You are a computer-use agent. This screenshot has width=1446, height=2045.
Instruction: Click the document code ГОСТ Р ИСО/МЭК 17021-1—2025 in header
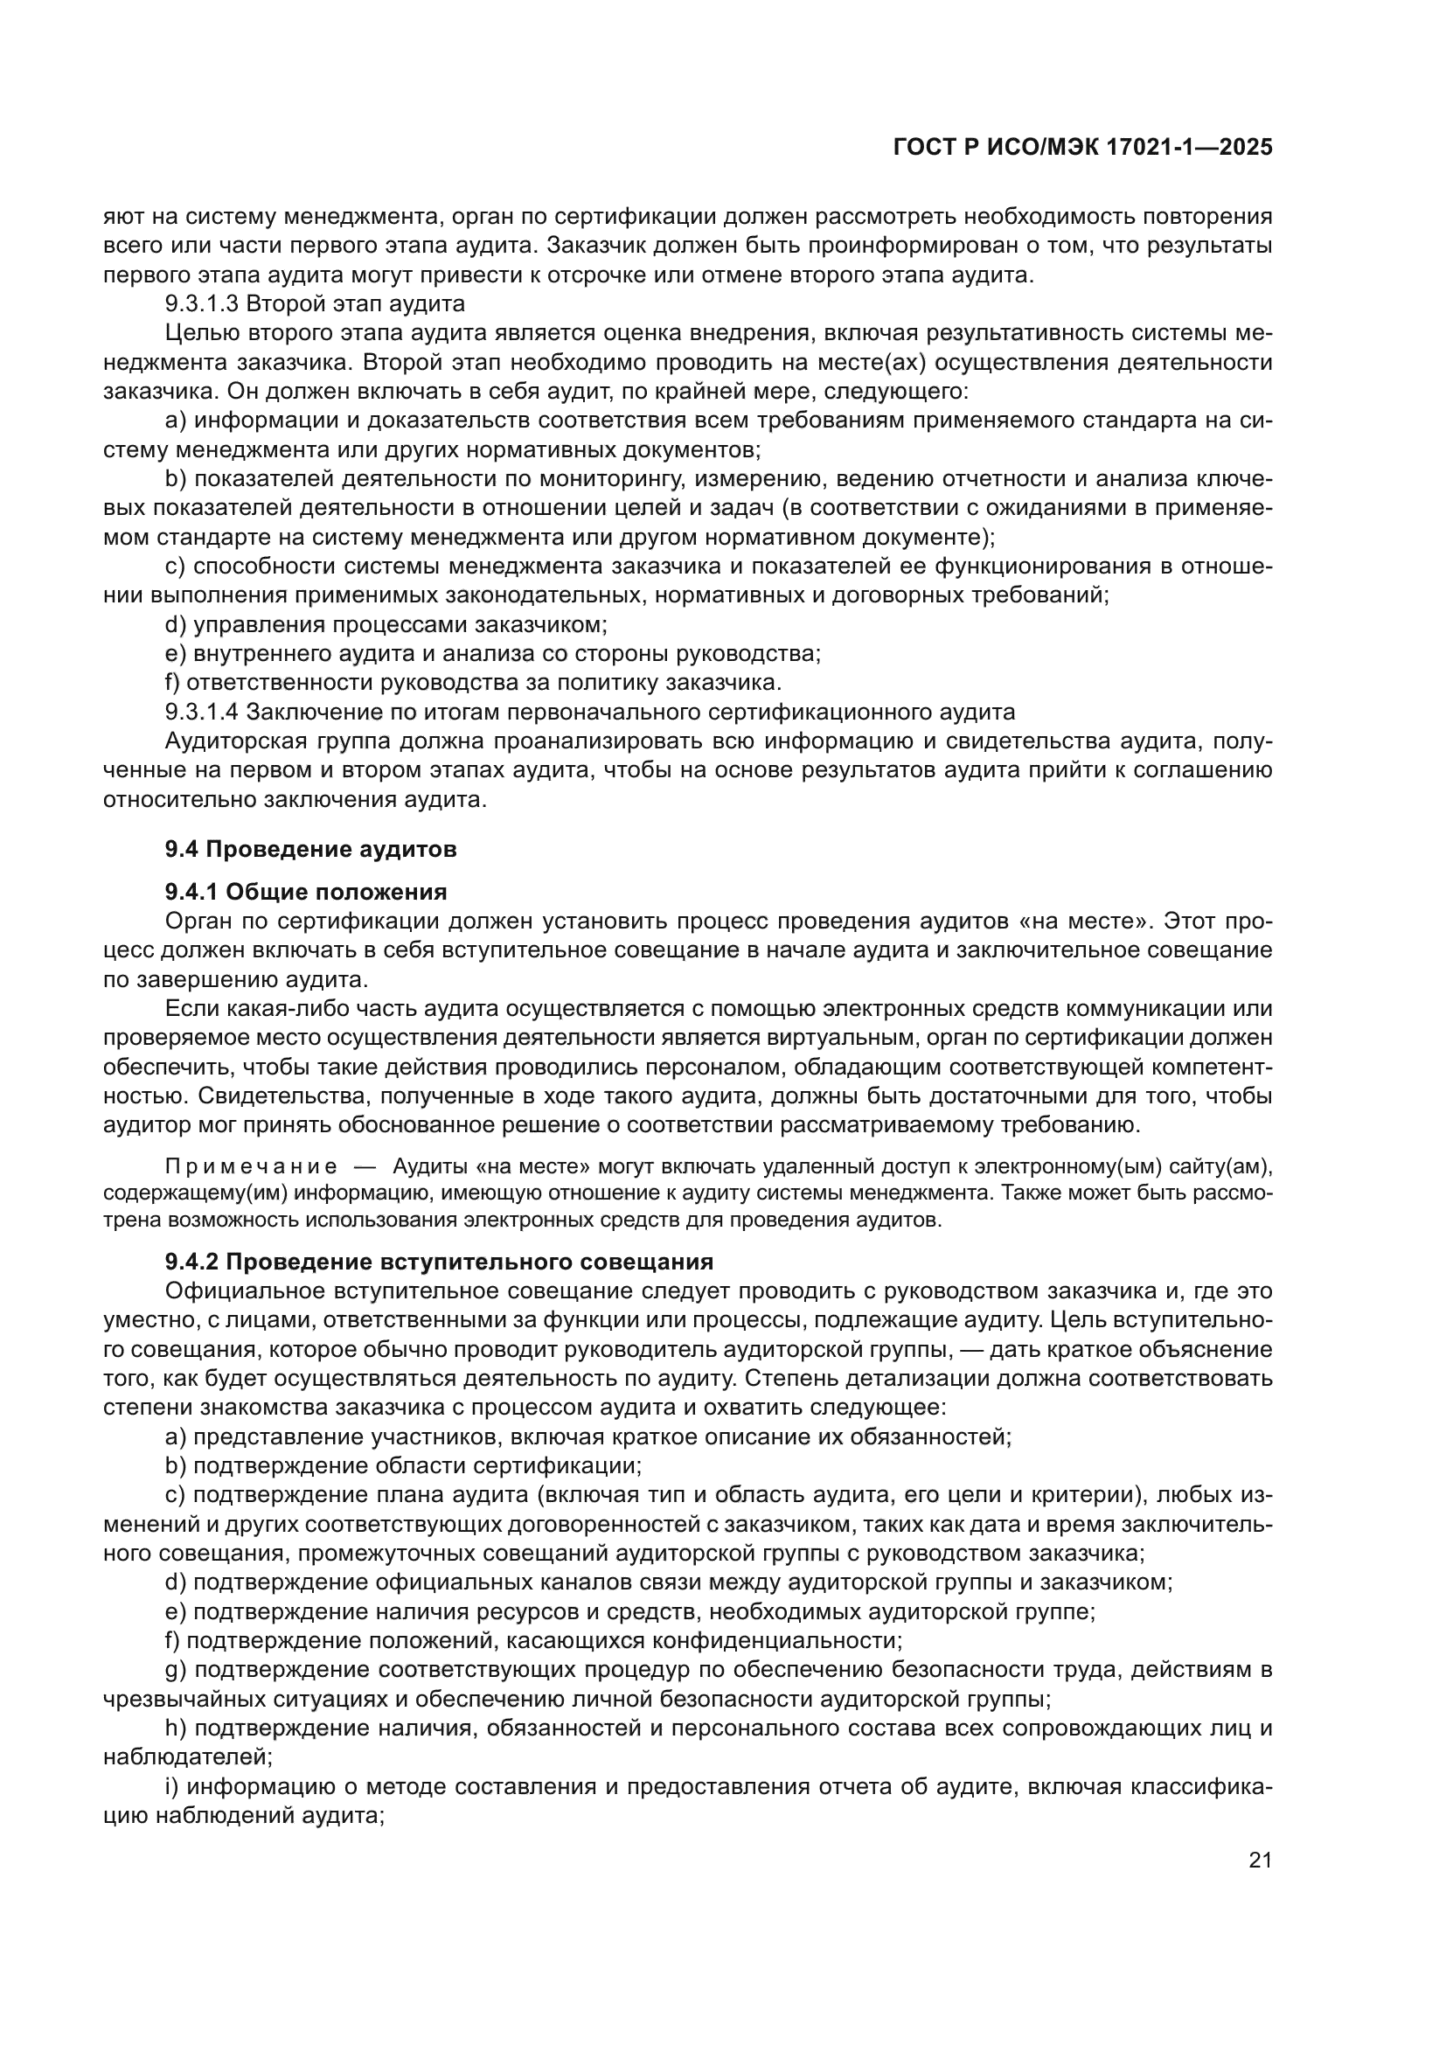pos(1081,148)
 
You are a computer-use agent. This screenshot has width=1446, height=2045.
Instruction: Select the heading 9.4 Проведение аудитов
pos(310,849)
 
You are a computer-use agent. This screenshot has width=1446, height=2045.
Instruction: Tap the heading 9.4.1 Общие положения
pos(305,892)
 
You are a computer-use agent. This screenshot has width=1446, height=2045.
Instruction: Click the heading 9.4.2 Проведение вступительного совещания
pos(439,1262)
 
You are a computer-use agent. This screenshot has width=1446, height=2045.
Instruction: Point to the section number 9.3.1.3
pos(202,303)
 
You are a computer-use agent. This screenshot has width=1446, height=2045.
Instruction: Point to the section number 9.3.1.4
pos(202,712)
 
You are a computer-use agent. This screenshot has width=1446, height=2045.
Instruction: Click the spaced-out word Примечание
pos(251,1168)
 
